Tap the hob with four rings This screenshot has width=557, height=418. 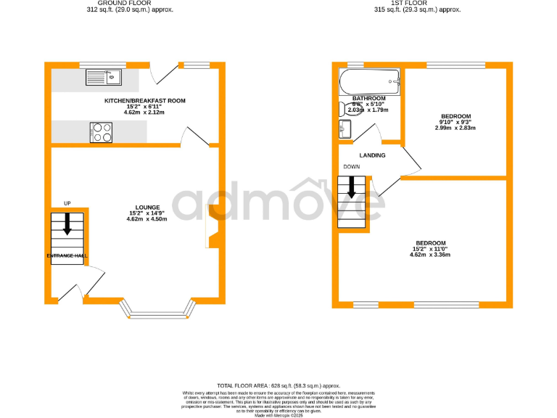tap(102, 132)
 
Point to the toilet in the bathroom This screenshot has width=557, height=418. tap(343, 109)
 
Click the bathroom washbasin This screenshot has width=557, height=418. tap(344, 130)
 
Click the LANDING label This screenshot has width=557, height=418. tap(372, 155)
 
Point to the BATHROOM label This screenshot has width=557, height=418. tap(368, 98)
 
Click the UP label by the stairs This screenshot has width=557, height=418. tap(67, 203)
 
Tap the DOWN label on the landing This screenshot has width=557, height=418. tap(351, 167)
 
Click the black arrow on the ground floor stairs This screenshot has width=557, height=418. tap(67, 224)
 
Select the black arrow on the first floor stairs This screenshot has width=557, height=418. tap(352, 188)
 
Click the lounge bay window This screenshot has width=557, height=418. tap(161, 313)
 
